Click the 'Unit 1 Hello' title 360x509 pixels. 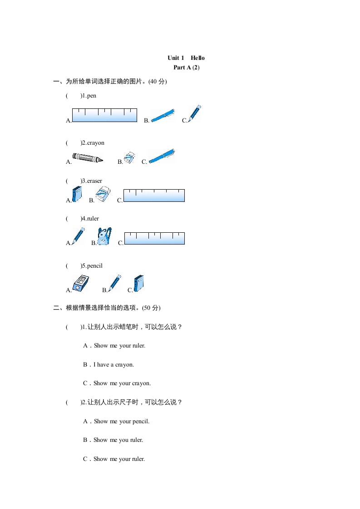click(x=186, y=58)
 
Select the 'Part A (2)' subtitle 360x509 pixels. click(x=186, y=68)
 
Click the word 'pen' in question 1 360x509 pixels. click(x=92, y=96)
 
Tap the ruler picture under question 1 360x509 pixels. click(x=104, y=115)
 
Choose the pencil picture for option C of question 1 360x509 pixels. click(x=194, y=113)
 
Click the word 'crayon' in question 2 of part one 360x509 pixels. click(x=96, y=143)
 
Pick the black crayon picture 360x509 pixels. click(x=87, y=157)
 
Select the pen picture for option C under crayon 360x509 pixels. click(x=162, y=156)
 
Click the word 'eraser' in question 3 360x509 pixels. click(x=95, y=181)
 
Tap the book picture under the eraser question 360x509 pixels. click(x=77, y=194)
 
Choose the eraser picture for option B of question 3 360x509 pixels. click(x=104, y=194)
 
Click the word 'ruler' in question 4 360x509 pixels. click(x=93, y=219)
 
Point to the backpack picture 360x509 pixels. click(x=104, y=236)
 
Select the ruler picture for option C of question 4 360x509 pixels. click(x=154, y=238)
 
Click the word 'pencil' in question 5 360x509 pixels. click(x=95, y=266)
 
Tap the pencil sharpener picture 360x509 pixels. click(x=81, y=283)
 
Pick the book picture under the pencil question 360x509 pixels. click(x=139, y=283)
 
